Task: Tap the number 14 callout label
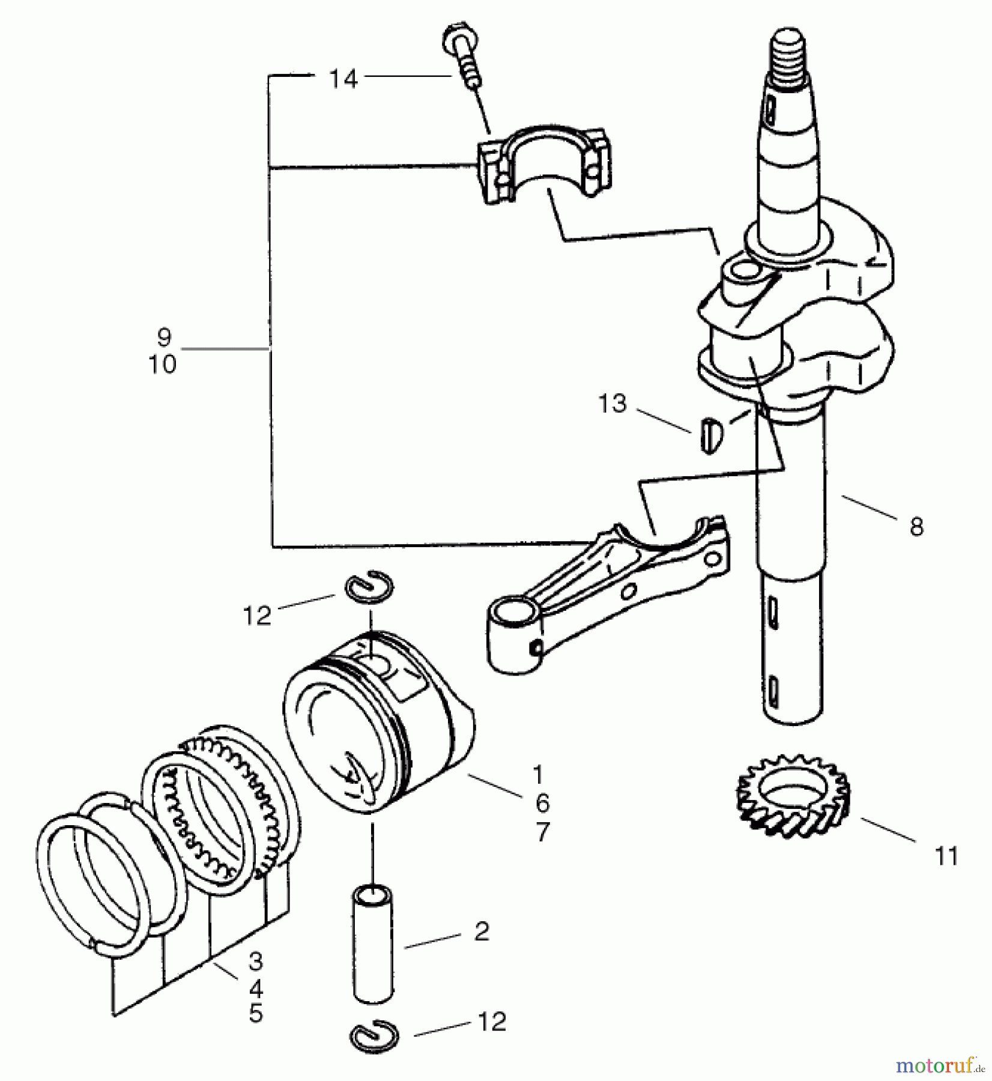click(x=343, y=79)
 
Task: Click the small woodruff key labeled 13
click(x=710, y=434)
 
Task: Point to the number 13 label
click(x=612, y=404)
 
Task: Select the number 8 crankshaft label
click(x=916, y=527)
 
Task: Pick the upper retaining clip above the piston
click(x=369, y=586)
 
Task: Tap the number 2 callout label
click(x=482, y=931)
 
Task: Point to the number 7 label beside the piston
click(x=542, y=832)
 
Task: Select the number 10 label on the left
click(x=163, y=364)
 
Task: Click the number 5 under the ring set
click(x=256, y=1014)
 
